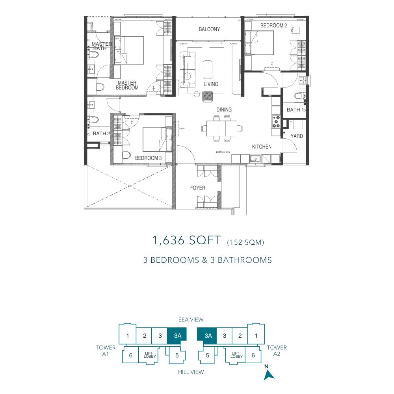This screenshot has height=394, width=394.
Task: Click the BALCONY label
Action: pyautogui.click(x=209, y=29)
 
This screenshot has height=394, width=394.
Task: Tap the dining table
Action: pyautogui.click(x=222, y=128)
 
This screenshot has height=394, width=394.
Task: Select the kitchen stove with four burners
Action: pyautogui.click(x=276, y=122)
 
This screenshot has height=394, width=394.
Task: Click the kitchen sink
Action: pyautogui.click(x=256, y=159)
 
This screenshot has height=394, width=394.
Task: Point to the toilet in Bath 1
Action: pyautogui.click(x=299, y=96)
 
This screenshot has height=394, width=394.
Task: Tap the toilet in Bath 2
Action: pyautogui.click(x=93, y=120)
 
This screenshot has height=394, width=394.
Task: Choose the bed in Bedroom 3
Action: pyautogui.click(x=158, y=139)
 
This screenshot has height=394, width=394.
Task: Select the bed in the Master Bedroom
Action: pyautogui.click(x=129, y=50)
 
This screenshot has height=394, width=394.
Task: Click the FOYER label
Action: pyautogui.click(x=197, y=188)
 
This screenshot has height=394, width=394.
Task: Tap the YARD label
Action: pyautogui.click(x=297, y=136)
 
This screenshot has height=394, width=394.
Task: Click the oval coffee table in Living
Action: pyautogui.click(x=208, y=69)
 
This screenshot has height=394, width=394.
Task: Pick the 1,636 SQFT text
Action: pyautogui.click(x=187, y=240)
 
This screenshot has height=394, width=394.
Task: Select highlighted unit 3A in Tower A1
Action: pyautogui.click(x=177, y=336)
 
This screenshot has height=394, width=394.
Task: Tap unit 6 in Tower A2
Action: pyautogui.click(x=253, y=355)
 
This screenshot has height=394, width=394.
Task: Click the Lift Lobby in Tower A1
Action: pyautogui.click(x=150, y=355)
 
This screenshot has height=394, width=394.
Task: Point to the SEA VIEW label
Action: pyautogui.click(x=191, y=320)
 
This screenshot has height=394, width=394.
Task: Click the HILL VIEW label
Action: pyautogui.click(x=191, y=372)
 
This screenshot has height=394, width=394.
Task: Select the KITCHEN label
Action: pyautogui.click(x=262, y=147)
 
